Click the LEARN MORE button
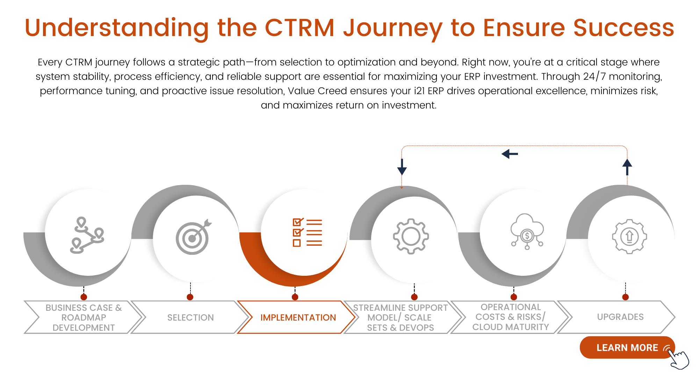pyautogui.click(x=627, y=348)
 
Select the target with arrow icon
pyautogui.click(x=193, y=237)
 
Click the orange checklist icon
pyautogui.click(x=307, y=232)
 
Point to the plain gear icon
pyautogui.click(x=411, y=236)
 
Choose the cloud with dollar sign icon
pyautogui.click(x=527, y=231)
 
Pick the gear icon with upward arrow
pyautogui.click(x=629, y=236)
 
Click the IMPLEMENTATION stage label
pyautogui.click(x=298, y=317)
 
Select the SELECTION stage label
pyautogui.click(x=190, y=317)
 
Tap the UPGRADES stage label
pyautogui.click(x=620, y=317)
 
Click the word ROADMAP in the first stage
pyautogui.click(x=84, y=317)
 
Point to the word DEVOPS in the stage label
pyautogui.click(x=416, y=328)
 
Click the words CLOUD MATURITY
pyautogui.click(x=511, y=327)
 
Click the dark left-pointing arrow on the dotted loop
pyautogui.click(x=510, y=154)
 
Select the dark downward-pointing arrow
pyautogui.click(x=402, y=167)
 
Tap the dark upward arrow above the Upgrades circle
pyautogui.click(x=627, y=167)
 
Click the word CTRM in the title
pyautogui.click(x=300, y=28)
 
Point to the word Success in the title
pyautogui.click(x=624, y=28)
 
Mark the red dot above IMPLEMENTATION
pyautogui.click(x=295, y=297)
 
